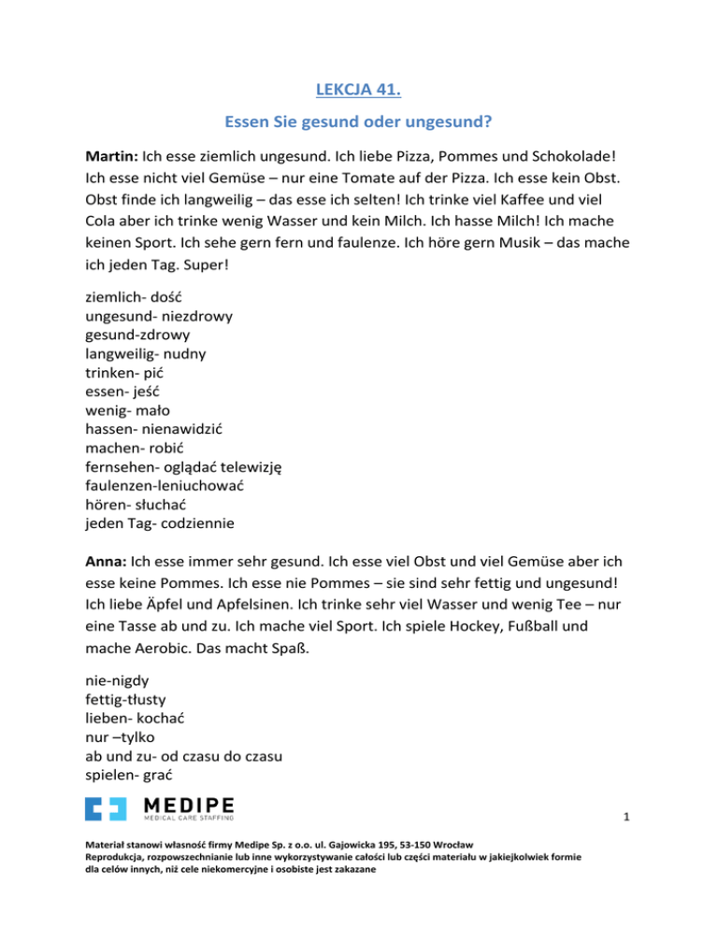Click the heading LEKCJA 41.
(359, 93)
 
